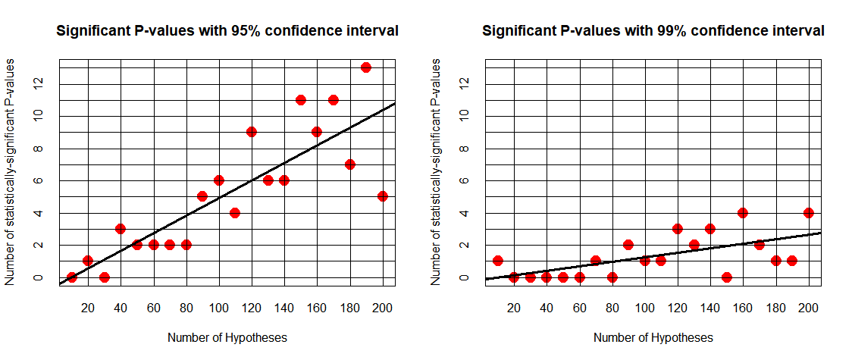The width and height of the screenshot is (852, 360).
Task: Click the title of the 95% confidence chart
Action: [227, 32]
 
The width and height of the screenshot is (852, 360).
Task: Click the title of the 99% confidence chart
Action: [653, 32]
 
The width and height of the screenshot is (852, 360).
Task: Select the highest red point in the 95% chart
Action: [365, 67]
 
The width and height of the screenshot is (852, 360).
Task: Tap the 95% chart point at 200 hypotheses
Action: [383, 196]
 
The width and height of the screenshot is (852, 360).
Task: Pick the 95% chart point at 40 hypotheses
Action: [121, 229]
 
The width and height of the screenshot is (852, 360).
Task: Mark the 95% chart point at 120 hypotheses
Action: [252, 132]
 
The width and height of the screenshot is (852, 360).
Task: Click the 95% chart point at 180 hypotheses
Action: [350, 164]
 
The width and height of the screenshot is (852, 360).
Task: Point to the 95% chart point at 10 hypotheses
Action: [72, 277]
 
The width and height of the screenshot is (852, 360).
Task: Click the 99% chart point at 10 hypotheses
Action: [498, 261]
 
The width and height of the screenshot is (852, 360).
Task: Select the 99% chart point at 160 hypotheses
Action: [743, 213]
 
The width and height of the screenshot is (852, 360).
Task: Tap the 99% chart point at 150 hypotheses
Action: [726, 277]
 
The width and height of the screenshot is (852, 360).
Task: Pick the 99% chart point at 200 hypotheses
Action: [809, 213]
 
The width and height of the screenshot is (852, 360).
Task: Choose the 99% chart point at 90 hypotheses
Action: [628, 245]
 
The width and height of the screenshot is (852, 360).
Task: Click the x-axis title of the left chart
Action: [227, 338]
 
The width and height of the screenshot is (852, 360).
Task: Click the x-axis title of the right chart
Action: [653, 338]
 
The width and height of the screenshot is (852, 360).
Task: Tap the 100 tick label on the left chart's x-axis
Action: [219, 308]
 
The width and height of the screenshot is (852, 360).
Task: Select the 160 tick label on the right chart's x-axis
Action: [743, 308]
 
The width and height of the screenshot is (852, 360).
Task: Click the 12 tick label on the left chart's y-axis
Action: [36, 83]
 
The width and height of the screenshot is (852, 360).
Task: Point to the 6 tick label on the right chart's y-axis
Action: [462, 181]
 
